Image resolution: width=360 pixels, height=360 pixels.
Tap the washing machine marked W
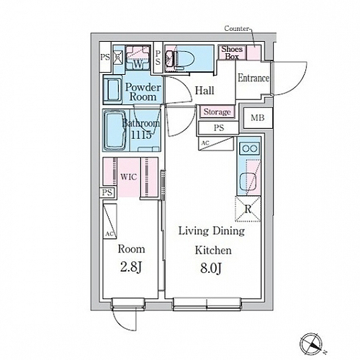pyautogui.click(x=138, y=58)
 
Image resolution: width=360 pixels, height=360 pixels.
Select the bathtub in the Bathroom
pyautogui.click(x=115, y=130)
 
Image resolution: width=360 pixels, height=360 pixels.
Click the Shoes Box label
pyautogui.click(x=232, y=53)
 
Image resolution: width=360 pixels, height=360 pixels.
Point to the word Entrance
pyautogui.click(x=253, y=78)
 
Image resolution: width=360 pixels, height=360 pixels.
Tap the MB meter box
pyautogui.click(x=258, y=118)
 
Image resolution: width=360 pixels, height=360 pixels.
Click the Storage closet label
pyautogui.click(x=217, y=112)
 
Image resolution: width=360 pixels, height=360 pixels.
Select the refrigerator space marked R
pyautogui.click(x=248, y=209)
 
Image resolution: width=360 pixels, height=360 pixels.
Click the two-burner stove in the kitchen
pyautogui.click(x=250, y=148)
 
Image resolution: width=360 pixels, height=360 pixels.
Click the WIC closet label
pyautogui.click(x=128, y=177)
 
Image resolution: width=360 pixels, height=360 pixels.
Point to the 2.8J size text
pyautogui.click(x=131, y=267)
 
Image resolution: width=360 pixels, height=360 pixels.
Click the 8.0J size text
pyautogui.click(x=211, y=268)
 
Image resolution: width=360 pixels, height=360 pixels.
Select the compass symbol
pyautogui.click(x=311, y=344)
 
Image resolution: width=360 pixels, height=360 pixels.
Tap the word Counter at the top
pyautogui.click(x=236, y=29)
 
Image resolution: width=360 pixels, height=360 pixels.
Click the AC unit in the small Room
pyautogui.click(x=110, y=221)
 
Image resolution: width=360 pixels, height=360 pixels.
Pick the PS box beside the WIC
pyautogui.click(x=107, y=192)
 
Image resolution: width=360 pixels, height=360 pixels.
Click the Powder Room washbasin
pyautogui.click(x=113, y=89)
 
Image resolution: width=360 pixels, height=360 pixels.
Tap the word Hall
pyautogui.click(x=204, y=91)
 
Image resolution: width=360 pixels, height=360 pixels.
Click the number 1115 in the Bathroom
pyautogui.click(x=141, y=135)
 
